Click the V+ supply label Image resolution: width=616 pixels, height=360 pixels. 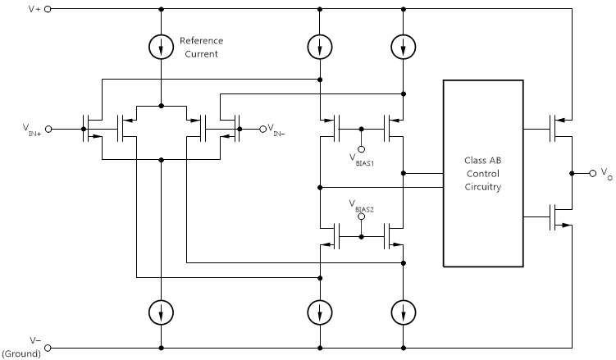(33, 9)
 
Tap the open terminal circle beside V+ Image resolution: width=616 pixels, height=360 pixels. (48, 9)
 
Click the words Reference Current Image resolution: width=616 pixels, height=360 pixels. (201, 47)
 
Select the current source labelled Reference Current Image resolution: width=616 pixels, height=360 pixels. (162, 47)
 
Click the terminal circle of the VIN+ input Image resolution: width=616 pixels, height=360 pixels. (48, 129)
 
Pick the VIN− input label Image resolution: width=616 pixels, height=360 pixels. (281, 130)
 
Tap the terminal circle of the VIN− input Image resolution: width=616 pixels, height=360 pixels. (262, 129)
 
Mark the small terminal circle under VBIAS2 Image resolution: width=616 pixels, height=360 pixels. (361, 219)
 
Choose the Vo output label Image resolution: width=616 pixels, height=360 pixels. (605, 175)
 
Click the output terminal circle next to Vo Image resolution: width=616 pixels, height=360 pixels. (591, 173)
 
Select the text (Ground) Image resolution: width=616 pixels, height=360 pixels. (25, 353)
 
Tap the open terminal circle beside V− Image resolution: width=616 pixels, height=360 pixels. (48, 347)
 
